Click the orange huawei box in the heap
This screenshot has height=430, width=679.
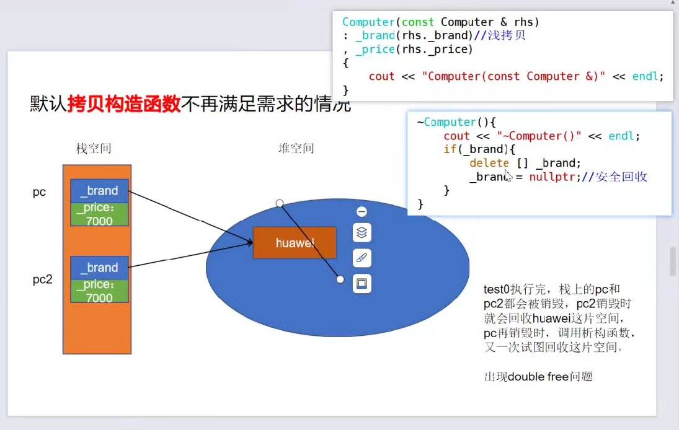pos(295,242)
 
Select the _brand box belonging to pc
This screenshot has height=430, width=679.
pos(99,191)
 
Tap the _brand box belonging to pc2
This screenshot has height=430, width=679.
pos(99,268)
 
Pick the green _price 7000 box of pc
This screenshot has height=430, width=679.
pos(99,214)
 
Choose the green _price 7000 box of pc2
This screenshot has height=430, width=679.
pos(99,291)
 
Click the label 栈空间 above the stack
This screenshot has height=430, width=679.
pos(94,148)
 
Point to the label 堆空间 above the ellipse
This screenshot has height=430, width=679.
pos(296,148)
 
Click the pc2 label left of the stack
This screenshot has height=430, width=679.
pos(43,279)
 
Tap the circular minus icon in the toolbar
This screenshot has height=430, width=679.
pos(362,211)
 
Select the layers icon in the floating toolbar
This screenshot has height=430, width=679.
pos(362,232)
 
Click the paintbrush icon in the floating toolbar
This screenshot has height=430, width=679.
pos(362,258)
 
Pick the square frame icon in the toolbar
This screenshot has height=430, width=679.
pos(362,284)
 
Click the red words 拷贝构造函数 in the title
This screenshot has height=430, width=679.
pos(124,103)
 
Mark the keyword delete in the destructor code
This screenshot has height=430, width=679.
pos(489,163)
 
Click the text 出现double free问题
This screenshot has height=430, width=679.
pos(538,376)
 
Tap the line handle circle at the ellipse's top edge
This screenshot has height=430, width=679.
pos(280,203)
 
